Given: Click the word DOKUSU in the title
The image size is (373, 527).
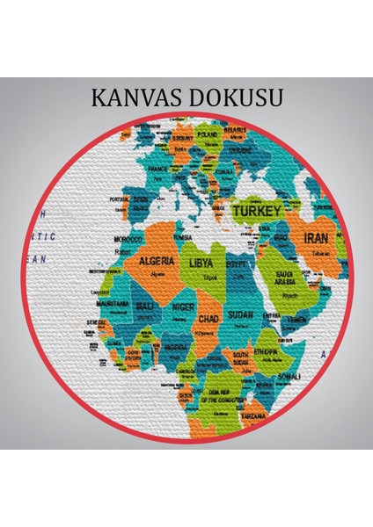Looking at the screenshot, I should point(236,97).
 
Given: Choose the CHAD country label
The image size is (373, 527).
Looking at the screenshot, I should point(208,318).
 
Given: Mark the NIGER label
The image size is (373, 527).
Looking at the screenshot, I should point(182,307).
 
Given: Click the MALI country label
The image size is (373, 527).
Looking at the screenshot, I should point(146,306).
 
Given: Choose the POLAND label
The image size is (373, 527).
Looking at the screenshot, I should point(208,134).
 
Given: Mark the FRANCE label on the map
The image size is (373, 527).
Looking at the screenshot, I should point(157,168).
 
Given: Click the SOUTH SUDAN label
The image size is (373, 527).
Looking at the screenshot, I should point(239,357).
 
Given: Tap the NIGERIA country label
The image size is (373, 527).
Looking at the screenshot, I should point(176,347).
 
